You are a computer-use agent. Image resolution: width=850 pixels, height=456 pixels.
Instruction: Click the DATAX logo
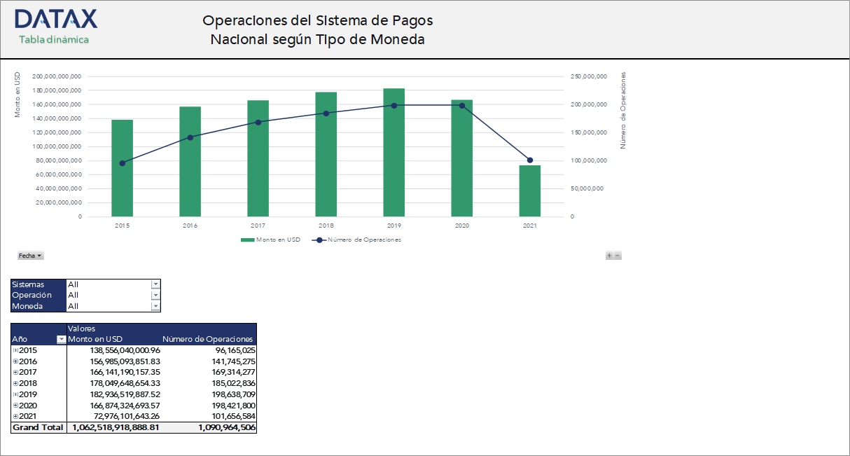56,19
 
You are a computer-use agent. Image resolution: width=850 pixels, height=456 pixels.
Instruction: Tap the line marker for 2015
123,163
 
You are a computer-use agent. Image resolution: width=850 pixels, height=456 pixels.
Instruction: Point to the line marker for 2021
529,160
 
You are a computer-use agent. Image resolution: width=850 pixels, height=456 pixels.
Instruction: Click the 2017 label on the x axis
258,226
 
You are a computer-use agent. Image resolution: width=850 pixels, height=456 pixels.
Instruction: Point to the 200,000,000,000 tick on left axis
57,76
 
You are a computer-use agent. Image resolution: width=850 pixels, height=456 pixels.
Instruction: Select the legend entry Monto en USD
270,240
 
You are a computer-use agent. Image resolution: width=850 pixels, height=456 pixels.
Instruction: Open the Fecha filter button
30,256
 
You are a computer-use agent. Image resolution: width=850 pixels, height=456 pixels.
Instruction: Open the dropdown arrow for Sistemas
155,284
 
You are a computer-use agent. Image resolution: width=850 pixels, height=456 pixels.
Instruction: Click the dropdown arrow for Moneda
155,306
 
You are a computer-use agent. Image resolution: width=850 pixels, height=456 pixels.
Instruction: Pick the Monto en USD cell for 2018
116,383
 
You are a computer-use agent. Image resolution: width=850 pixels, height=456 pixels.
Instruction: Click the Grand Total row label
38,427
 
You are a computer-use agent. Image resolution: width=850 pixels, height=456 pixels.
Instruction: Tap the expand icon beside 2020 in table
15,406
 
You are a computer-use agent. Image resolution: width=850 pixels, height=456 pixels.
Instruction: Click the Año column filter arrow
60,340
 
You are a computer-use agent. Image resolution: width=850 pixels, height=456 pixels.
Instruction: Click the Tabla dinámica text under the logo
54,40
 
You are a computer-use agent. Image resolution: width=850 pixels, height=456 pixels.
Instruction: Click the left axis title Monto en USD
18,95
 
